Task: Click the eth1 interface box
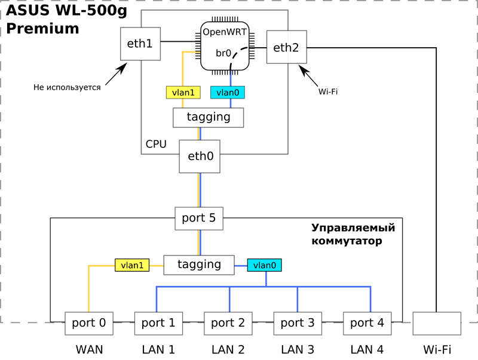(x=140, y=44)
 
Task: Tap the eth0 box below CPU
(x=200, y=156)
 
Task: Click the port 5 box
(x=199, y=219)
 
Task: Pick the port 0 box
(x=89, y=323)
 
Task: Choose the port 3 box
(x=297, y=323)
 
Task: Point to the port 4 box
(x=366, y=323)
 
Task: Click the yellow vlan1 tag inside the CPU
(x=183, y=93)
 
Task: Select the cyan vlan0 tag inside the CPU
(x=228, y=93)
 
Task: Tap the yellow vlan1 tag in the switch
(x=132, y=264)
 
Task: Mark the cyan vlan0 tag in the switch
(x=265, y=264)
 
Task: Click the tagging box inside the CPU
(x=209, y=117)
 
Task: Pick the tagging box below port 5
(x=199, y=264)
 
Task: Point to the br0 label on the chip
(x=223, y=53)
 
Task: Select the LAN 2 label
(x=227, y=348)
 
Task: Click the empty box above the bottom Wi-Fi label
(x=436, y=323)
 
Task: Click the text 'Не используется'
(x=67, y=87)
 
